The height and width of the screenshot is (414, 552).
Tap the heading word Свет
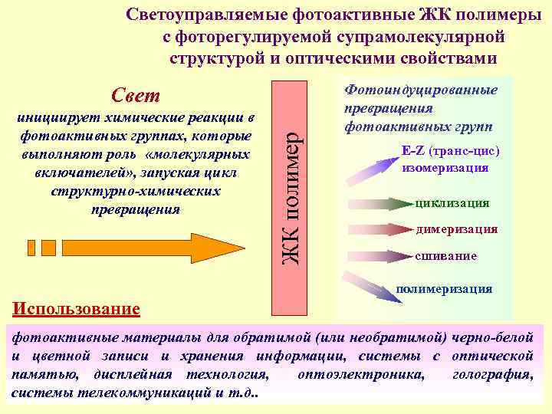pos(136,96)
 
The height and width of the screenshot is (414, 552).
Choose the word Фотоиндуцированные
pos(421,90)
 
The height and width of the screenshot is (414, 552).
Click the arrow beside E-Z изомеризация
pos(373,167)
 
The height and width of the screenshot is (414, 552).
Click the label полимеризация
pos(444,289)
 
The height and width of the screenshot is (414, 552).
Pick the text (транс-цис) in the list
pos(465,151)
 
